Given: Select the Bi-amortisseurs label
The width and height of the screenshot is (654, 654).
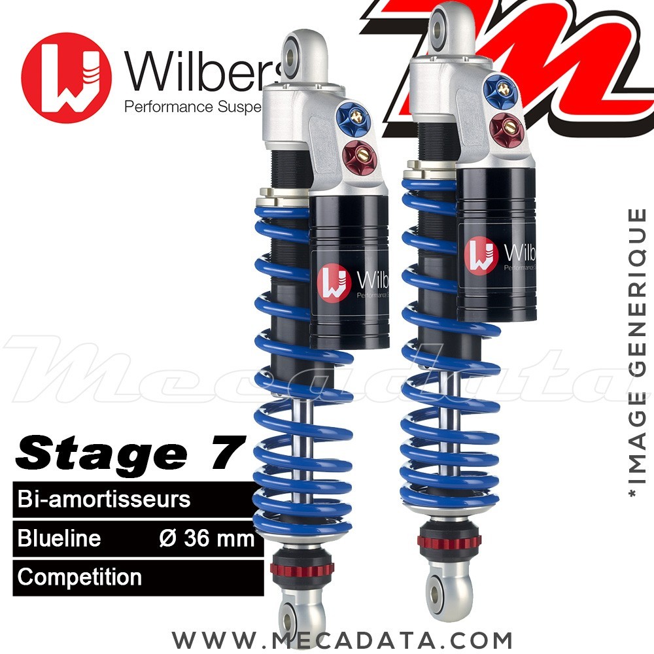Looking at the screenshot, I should [104, 500].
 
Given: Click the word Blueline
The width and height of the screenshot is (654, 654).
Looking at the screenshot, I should [60, 538].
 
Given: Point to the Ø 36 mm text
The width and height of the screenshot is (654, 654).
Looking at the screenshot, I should [207, 538].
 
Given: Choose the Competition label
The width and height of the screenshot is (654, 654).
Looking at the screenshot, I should [80, 577].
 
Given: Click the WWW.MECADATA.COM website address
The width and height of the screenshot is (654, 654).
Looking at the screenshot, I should [342, 638].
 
